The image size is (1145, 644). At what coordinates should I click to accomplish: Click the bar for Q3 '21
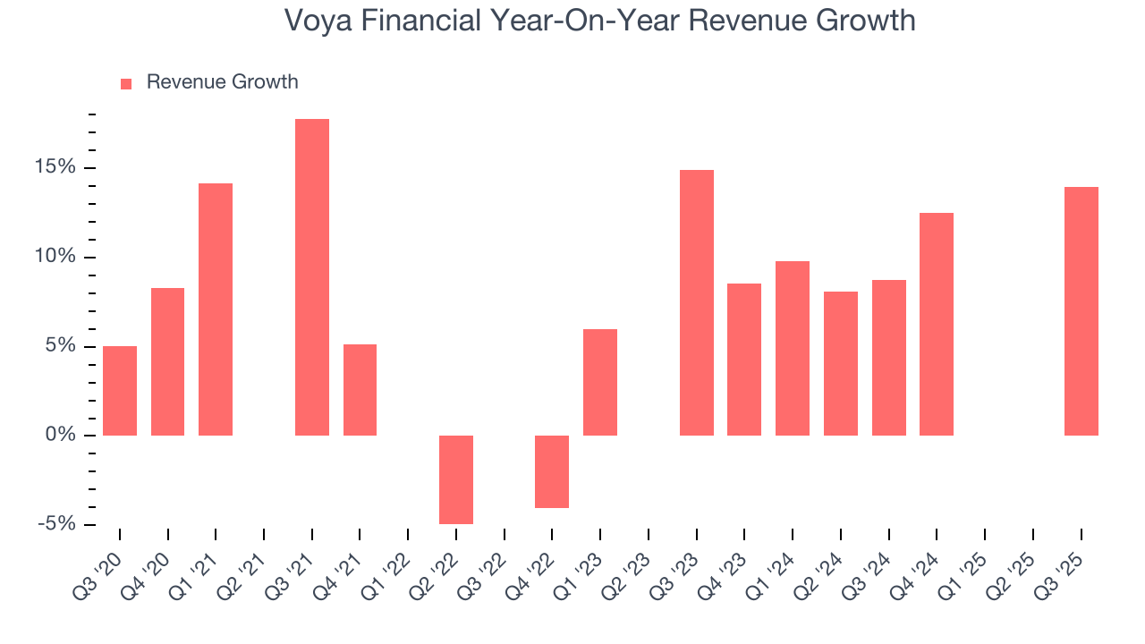(312, 277)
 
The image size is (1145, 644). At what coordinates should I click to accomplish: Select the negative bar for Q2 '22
(456, 479)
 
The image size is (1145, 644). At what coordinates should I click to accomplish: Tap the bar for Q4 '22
(552, 471)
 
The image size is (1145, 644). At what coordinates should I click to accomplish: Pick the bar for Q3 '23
(696, 302)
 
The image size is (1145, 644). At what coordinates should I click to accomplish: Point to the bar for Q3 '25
(1081, 311)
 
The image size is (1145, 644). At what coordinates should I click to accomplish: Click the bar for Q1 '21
(216, 309)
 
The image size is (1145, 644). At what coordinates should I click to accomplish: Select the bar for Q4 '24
(937, 324)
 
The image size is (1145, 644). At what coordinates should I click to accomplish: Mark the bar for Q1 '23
(600, 382)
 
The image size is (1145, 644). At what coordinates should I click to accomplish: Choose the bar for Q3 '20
(120, 391)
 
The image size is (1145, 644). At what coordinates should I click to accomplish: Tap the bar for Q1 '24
(793, 348)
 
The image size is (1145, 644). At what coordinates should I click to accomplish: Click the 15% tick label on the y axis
(56, 168)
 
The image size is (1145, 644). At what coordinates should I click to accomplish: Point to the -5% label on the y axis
(56, 523)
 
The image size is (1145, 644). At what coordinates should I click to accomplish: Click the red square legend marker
(126, 83)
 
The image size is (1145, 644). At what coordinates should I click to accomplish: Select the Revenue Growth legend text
(222, 82)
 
